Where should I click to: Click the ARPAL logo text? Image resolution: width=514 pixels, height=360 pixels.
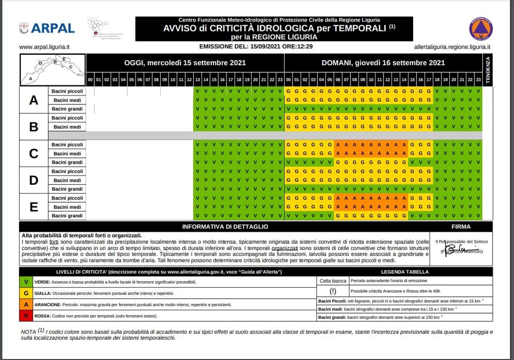click(53, 28)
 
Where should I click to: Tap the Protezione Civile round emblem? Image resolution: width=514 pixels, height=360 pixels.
click(480, 29)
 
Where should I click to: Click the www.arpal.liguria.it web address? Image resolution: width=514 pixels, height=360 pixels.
click(44, 47)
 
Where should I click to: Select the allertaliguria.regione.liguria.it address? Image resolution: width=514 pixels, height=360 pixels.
click(452, 47)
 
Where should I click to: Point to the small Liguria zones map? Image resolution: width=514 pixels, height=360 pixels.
click(52, 69)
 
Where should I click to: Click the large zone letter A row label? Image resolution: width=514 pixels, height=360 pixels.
click(34, 100)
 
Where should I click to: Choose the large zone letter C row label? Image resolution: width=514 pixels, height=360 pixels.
click(34, 154)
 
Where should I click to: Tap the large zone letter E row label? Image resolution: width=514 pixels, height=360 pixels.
click(34, 207)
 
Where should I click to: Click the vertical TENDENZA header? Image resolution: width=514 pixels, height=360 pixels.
click(487, 70)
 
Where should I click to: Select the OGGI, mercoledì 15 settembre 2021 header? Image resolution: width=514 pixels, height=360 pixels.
click(185, 63)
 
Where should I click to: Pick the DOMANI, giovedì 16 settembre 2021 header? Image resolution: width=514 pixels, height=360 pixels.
click(383, 63)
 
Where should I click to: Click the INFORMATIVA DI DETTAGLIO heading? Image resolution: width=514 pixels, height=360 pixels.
click(224, 227)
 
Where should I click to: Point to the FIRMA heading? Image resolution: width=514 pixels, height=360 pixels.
click(461, 227)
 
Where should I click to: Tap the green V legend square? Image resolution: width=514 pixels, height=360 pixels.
click(26, 282)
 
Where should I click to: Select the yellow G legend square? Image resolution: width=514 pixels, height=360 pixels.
click(26, 293)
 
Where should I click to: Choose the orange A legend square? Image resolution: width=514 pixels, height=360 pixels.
click(26, 305)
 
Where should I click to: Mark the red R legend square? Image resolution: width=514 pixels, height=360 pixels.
click(26, 316)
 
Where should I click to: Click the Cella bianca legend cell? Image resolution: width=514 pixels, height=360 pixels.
click(333, 281)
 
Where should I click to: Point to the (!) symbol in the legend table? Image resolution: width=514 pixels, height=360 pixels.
click(333, 291)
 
